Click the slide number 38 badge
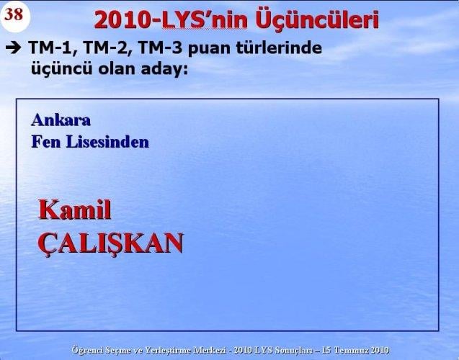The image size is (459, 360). [x=14, y=16]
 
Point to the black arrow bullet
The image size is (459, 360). [x=13, y=49]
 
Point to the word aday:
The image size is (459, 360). [x=167, y=69]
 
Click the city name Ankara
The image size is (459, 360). [x=61, y=120]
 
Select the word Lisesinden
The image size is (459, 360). [x=107, y=141]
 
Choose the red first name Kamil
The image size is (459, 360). [x=74, y=210]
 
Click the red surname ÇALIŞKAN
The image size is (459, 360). [x=110, y=243]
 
